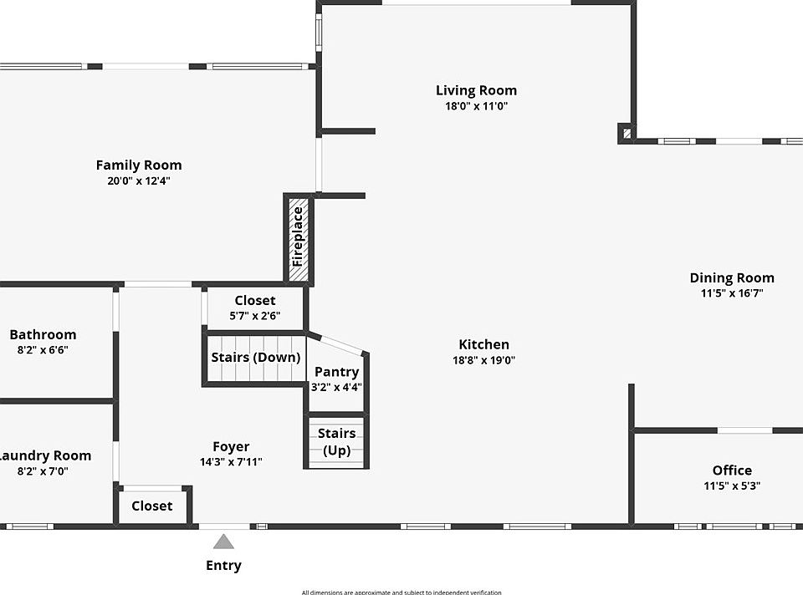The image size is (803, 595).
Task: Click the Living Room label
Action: click(476, 90)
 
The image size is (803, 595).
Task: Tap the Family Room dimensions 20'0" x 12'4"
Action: click(139, 181)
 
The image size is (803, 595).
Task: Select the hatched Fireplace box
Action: click(298, 239)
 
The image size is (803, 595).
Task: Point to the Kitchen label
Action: click(483, 344)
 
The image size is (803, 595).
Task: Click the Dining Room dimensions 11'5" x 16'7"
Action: click(732, 293)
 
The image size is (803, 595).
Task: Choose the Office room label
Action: click(732, 470)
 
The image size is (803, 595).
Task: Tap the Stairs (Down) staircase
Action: click(255, 358)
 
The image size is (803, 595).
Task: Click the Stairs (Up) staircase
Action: click(336, 442)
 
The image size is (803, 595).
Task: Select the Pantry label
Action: click(336, 372)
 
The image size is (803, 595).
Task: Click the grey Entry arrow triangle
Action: click(223, 541)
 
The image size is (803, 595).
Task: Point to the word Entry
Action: click(223, 566)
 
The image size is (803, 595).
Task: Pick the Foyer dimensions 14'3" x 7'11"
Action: click(231, 462)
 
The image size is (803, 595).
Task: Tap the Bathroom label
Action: click(43, 334)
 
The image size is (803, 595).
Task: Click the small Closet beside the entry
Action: click(152, 506)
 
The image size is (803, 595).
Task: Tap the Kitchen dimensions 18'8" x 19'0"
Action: click(483, 360)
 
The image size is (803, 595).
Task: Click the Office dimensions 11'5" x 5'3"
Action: click(732, 486)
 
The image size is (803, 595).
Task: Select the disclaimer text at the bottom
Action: click(401, 592)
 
